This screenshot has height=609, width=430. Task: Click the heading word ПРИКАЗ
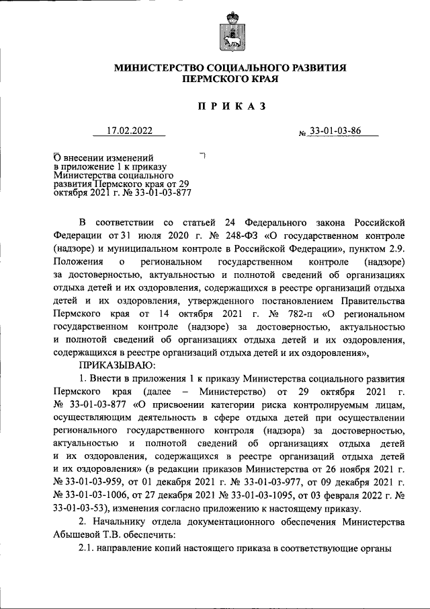[x=228, y=106]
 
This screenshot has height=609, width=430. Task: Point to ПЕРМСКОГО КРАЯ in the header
[x=228, y=79]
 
